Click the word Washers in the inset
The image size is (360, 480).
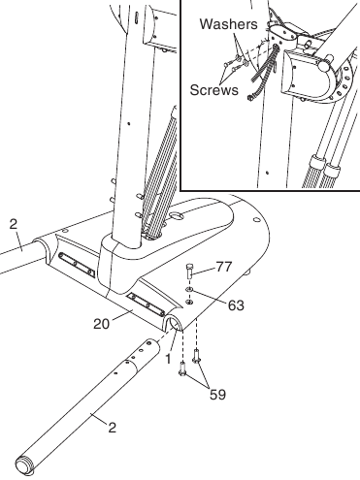coord(229,24)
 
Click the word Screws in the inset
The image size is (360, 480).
coord(213,90)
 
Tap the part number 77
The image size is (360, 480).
coord(224,267)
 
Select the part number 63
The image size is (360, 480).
coord(236,305)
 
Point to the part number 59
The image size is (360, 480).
coord(217,395)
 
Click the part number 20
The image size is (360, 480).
coord(102,324)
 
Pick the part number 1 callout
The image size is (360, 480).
coord(168,359)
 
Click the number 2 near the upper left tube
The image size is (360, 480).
coord(13,224)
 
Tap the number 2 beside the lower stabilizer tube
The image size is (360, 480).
coord(112,428)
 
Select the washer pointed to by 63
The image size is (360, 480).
coord(189,289)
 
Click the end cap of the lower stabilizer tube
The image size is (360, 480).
coord(23,465)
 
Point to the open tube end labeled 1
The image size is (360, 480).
coord(174,323)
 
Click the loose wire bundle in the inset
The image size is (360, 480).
coord(264,73)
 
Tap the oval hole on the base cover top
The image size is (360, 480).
coord(177,215)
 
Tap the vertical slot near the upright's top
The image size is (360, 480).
coord(137,16)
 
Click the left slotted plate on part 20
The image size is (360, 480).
coord(77,265)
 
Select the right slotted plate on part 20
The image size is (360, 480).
coord(145,304)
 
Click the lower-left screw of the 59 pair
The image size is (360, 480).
coord(182,369)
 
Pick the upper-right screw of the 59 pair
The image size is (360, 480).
coord(196,356)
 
